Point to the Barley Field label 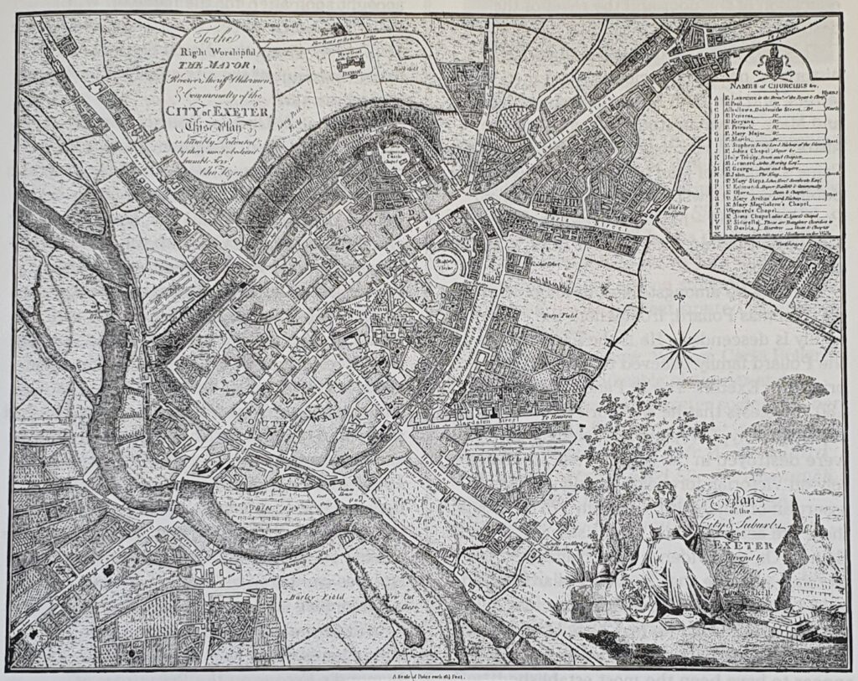(x=297, y=597)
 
